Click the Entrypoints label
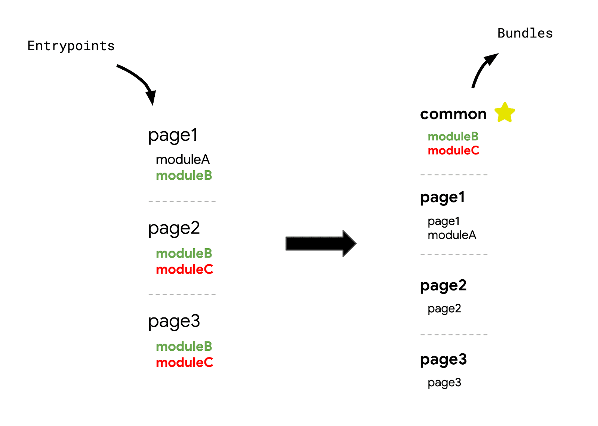pos(71,46)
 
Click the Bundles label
pos(525,33)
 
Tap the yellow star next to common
pos(505,113)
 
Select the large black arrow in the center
pos(320,243)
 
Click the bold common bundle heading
pos(453,114)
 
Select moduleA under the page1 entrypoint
pos(182,159)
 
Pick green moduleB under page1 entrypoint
pos(184,175)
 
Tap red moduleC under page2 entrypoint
pos(184,269)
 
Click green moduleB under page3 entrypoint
pos(184,346)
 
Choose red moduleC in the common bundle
pos(453,150)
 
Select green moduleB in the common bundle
pos(453,136)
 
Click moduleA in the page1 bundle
pos(452,235)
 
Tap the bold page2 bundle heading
pos(443,286)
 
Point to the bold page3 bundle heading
pos(443,360)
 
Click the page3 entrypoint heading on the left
pos(174,322)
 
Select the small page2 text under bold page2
pos(444,309)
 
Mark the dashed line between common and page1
pos(454,175)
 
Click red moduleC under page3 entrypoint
pos(184,362)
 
